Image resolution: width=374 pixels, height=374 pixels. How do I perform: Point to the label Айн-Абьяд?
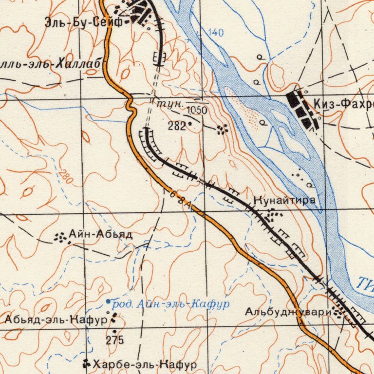[x=100, y=234]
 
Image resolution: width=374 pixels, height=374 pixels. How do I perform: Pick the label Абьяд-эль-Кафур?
[x=56, y=320]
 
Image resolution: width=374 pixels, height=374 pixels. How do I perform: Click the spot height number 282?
[x=176, y=126]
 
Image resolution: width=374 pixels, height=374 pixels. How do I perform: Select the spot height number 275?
[x=115, y=340]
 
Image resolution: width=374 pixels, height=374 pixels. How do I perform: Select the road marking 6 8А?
[x=180, y=200]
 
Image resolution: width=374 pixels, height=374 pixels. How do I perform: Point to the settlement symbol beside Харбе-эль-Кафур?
[x=87, y=363]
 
